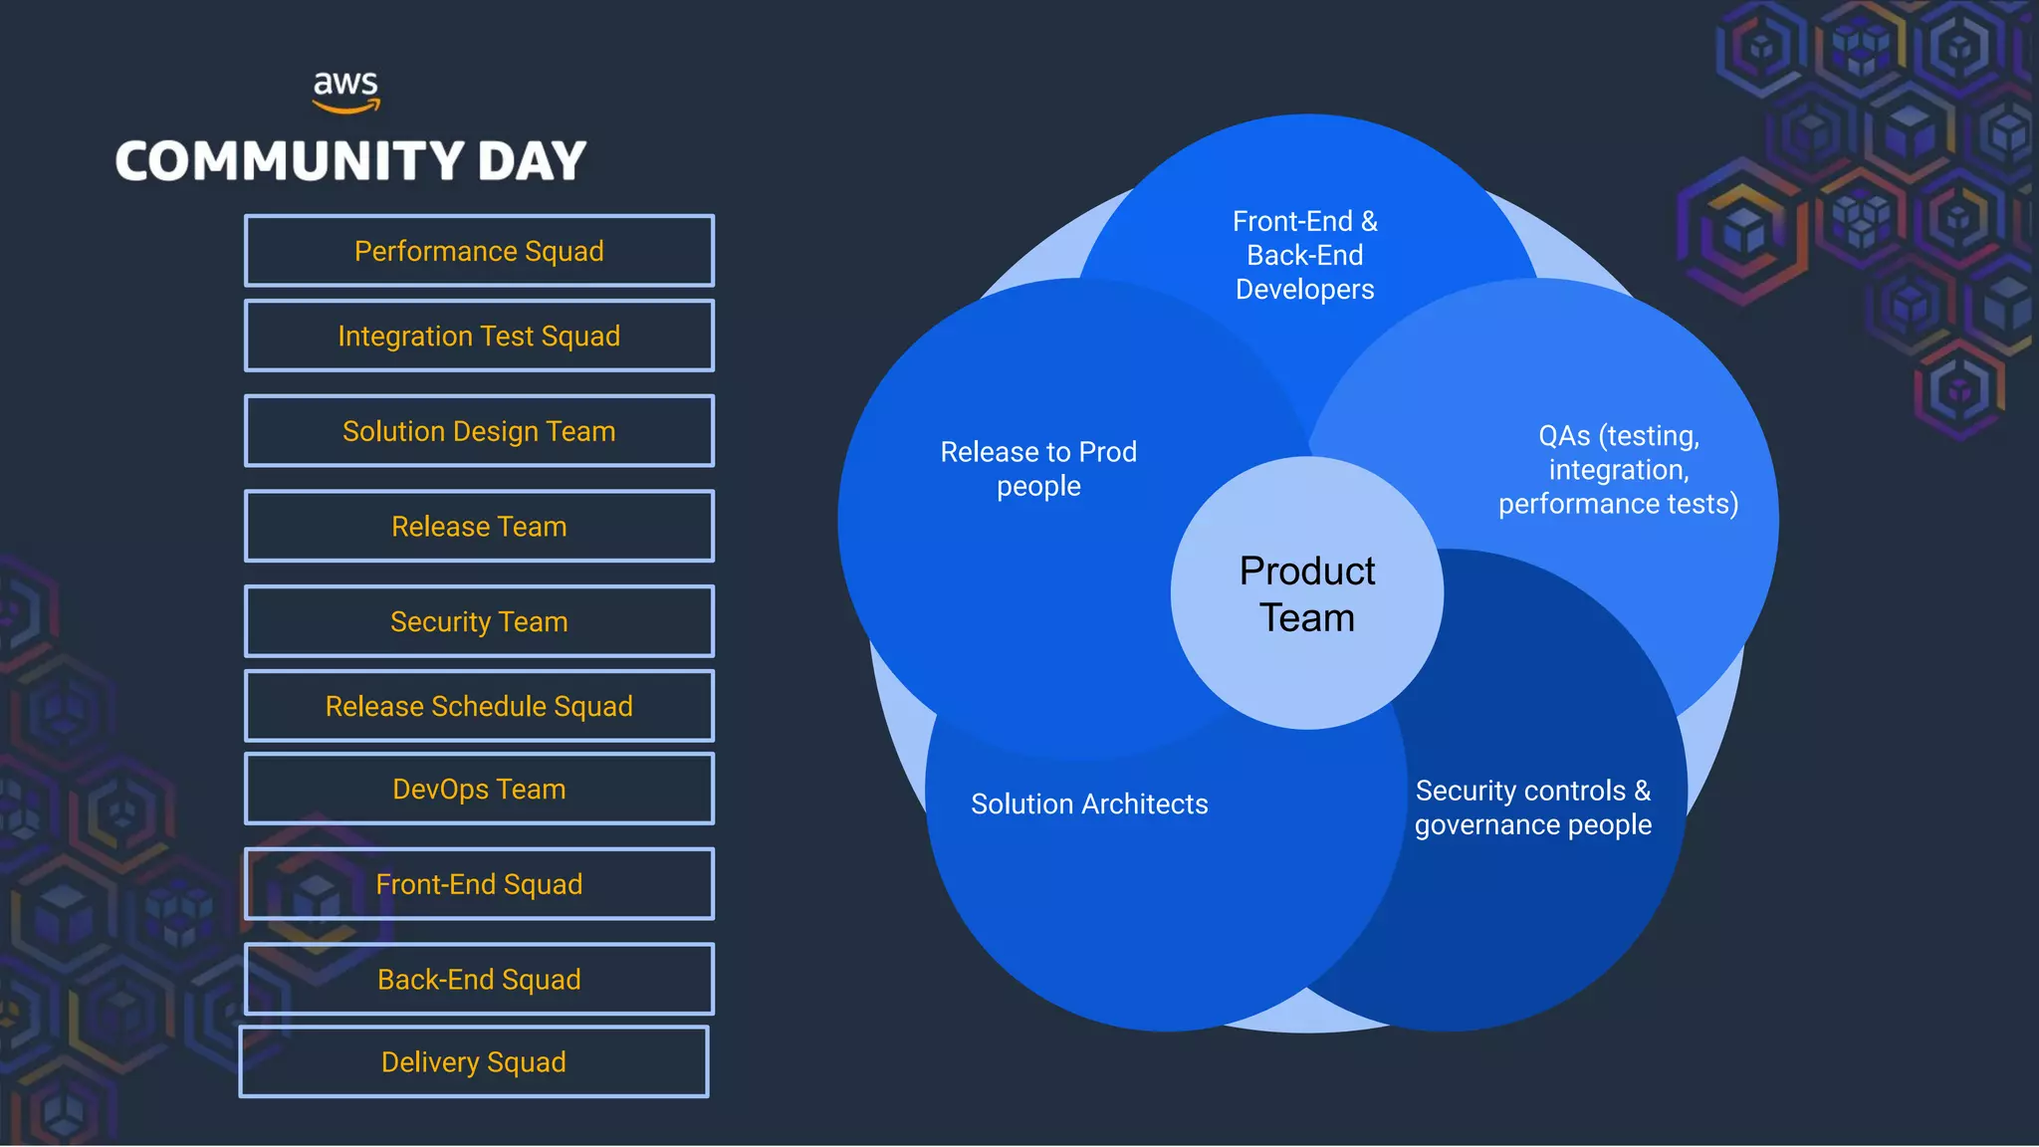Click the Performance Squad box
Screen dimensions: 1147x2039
[x=479, y=251]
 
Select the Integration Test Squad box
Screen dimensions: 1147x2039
[x=479, y=336]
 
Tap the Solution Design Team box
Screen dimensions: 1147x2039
[x=479, y=431]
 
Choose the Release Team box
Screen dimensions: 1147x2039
[x=479, y=526]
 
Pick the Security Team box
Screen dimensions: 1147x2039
[x=479, y=621]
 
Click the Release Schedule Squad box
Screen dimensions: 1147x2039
[x=479, y=706]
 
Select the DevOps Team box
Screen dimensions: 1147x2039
[x=479, y=789]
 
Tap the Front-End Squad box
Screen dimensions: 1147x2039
[x=479, y=884]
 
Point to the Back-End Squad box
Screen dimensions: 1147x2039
[x=479, y=979]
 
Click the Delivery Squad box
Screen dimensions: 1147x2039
[x=474, y=1062]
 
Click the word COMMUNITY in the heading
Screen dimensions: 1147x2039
[x=290, y=161]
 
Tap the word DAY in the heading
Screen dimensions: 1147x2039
[x=532, y=161]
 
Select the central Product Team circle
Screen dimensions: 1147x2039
[x=1307, y=593]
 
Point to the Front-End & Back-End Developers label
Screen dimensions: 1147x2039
[x=1305, y=255]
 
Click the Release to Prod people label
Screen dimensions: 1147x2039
[x=1038, y=469]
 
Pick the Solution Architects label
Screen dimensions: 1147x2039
[x=1089, y=803]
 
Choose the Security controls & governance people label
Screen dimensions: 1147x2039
[x=1533, y=807]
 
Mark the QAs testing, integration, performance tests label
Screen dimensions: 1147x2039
[x=1619, y=470]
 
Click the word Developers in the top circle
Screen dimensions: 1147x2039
[x=1305, y=290]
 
